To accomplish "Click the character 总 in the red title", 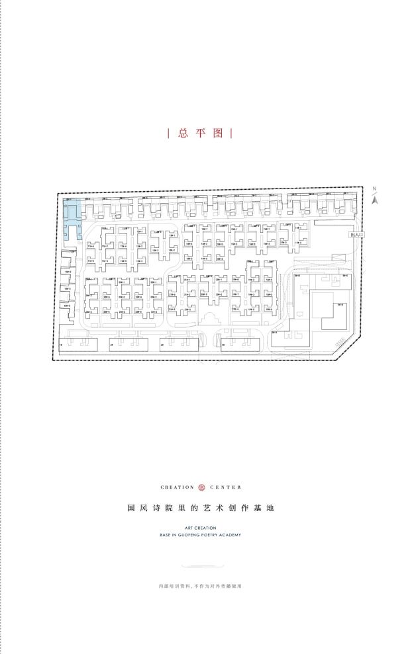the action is click(183, 133).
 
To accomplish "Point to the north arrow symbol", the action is click(374, 200).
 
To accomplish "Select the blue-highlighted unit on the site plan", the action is click(72, 213).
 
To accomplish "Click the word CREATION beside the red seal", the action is click(178, 487).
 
